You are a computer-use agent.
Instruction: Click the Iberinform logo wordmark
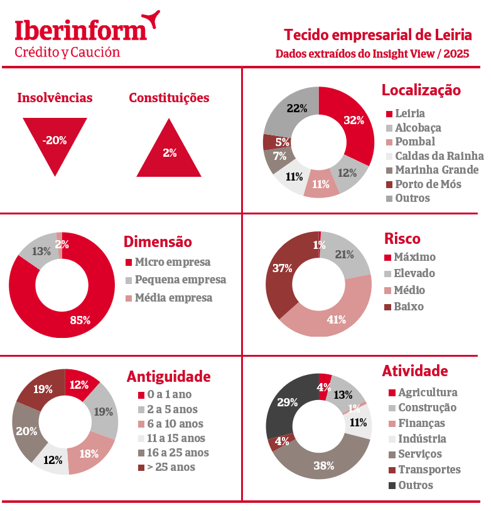81,30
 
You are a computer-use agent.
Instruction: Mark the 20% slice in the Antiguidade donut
27,431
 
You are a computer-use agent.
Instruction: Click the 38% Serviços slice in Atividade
323,463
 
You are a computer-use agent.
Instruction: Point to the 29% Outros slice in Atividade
287,404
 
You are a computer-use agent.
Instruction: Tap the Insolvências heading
55,98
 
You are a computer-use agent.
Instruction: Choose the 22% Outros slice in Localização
292,110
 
